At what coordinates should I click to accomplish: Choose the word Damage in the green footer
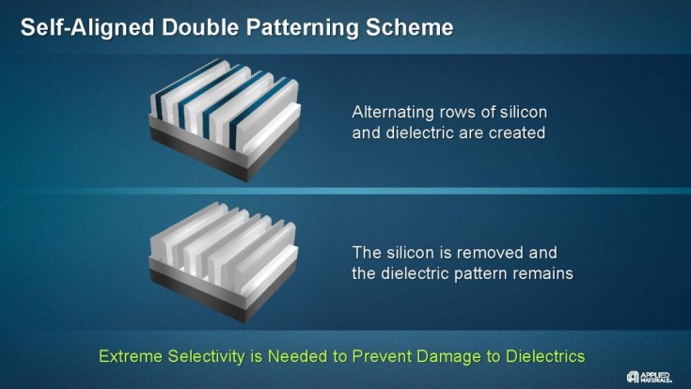click(442, 357)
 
